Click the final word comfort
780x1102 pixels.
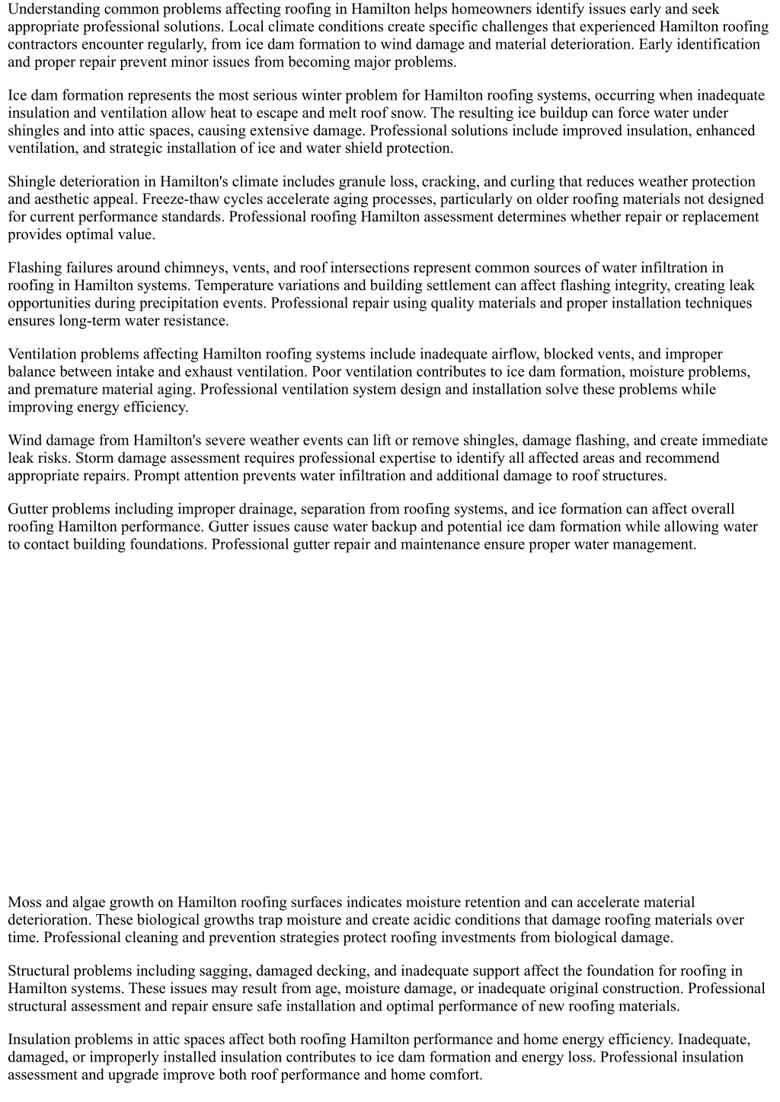[457, 1075]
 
